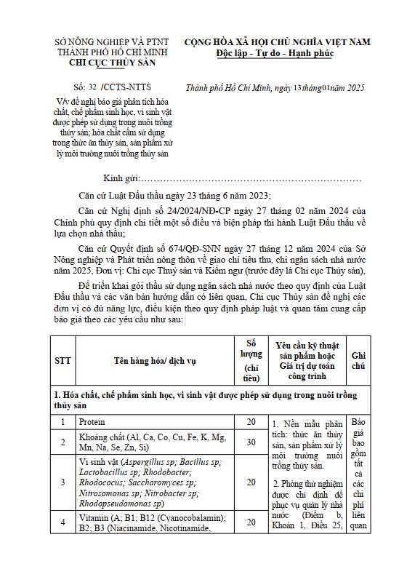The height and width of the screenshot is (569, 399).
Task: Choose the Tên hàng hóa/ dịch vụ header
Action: click(x=154, y=360)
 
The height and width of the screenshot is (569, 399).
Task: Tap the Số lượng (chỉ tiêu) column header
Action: click(x=251, y=360)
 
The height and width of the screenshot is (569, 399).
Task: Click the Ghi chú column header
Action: click(x=359, y=360)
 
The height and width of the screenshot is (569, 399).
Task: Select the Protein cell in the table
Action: click(x=92, y=422)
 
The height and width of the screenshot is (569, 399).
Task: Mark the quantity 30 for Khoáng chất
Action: click(x=251, y=442)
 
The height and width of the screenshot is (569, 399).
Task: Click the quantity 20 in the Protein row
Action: click(x=251, y=422)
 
